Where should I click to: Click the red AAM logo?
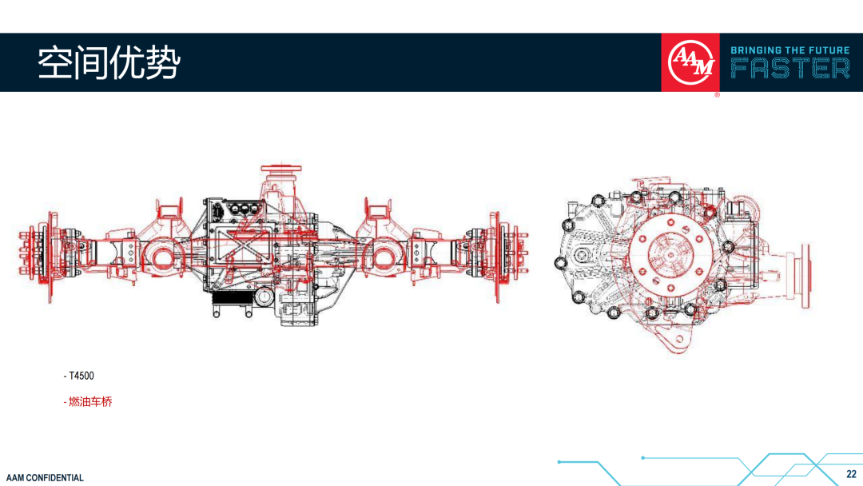(x=690, y=62)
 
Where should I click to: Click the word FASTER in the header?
(x=790, y=69)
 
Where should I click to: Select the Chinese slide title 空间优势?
(x=109, y=62)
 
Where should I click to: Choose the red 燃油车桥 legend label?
(x=88, y=402)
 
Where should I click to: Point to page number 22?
(x=852, y=474)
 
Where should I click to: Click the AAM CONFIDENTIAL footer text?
(x=45, y=478)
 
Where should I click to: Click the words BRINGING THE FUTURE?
(x=790, y=50)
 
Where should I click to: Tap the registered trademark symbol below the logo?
(x=717, y=95)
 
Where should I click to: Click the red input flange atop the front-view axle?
(x=281, y=167)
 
